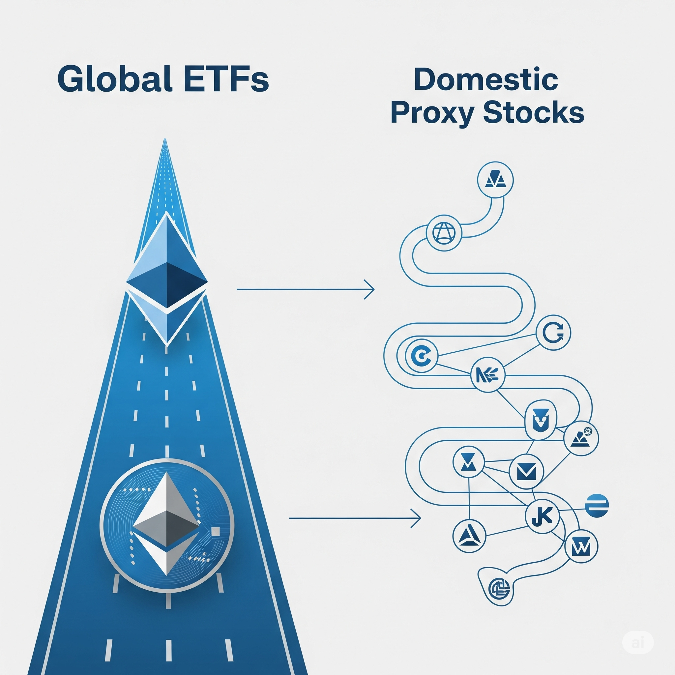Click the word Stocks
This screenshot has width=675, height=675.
pos(535,112)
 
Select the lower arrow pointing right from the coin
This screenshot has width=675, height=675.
pos(355,518)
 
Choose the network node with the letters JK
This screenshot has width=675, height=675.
pos(543,516)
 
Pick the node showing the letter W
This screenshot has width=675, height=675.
pos(581,546)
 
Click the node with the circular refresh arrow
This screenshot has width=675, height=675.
pos(553,332)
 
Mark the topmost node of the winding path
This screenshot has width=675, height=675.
pos(495,180)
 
